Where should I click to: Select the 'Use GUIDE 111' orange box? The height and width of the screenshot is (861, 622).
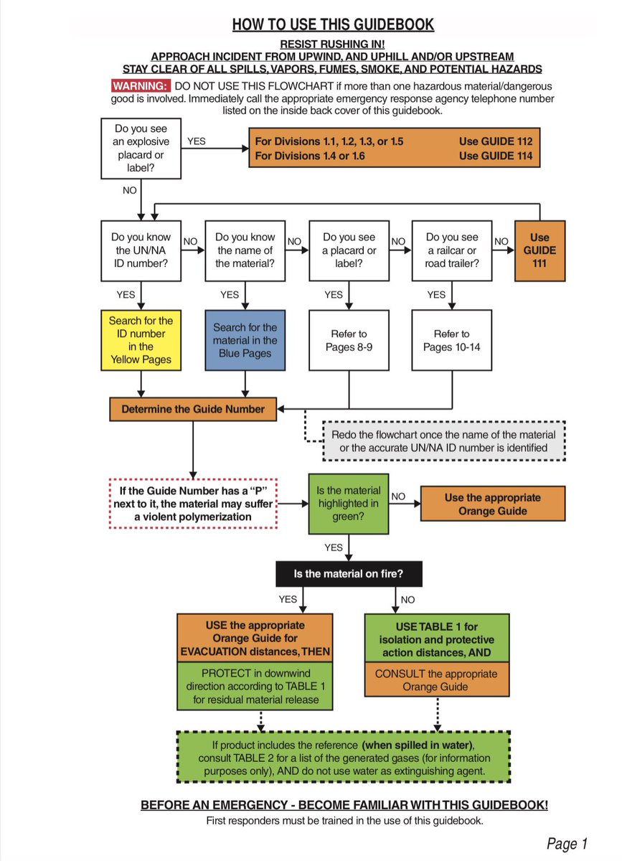539,250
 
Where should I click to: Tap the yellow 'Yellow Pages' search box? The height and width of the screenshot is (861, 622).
141,339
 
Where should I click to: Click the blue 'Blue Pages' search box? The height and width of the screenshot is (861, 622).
245,339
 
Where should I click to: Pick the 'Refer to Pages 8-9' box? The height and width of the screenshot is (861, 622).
349,339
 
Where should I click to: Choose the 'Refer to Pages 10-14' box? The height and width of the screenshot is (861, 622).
451,339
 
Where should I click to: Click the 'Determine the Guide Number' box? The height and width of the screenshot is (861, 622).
193,410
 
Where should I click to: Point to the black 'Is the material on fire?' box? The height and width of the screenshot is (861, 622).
349,574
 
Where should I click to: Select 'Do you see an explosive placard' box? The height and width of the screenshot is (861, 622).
141,149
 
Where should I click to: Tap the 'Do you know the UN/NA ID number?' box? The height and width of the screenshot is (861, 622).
141,250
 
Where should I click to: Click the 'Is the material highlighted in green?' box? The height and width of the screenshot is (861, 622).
349,504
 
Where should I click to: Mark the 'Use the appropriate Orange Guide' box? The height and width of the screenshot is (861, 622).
492,504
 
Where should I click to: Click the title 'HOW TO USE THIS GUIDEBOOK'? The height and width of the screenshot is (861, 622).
333,24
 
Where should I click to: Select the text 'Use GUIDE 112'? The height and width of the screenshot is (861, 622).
496,141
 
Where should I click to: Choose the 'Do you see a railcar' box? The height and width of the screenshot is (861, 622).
451,250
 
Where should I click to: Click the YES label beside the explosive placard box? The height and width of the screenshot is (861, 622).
196,141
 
